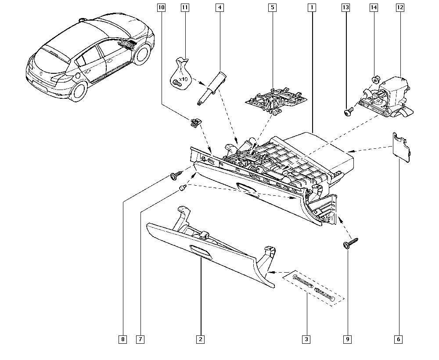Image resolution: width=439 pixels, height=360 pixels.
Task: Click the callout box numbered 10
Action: pyautogui.click(x=162, y=7)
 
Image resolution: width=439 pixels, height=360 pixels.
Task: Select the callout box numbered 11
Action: pyautogui.click(x=185, y=7)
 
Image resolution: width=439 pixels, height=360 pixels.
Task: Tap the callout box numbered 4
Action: pyautogui.click(x=219, y=7)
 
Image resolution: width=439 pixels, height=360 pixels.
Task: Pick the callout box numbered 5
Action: pyautogui.click(x=272, y=7)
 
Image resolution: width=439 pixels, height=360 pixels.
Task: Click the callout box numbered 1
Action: pyautogui.click(x=311, y=7)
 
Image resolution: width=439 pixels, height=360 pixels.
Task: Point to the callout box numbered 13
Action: pyautogui.click(x=346, y=7)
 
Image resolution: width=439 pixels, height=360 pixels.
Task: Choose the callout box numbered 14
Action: pyautogui.click(x=374, y=7)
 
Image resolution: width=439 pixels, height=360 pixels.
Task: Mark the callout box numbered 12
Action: pyautogui.click(x=399, y=7)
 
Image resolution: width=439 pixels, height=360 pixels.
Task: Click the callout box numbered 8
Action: pyautogui.click(x=123, y=339)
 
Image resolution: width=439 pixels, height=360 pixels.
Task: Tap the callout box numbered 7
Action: pyautogui.click(x=140, y=339)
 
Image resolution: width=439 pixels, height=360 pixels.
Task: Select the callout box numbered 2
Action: pyautogui.click(x=200, y=339)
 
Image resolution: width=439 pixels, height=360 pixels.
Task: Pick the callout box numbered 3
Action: pyautogui.click(x=306, y=339)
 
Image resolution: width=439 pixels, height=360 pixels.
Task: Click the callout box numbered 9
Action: pyautogui.click(x=348, y=339)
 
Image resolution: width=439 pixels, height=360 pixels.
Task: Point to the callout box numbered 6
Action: pyautogui.click(x=398, y=339)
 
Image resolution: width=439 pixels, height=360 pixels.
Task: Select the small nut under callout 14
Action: pyautogui.click(x=375, y=80)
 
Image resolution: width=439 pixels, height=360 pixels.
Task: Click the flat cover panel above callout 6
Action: pyautogui.click(x=400, y=145)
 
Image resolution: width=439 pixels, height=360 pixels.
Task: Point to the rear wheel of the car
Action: pyautogui.click(x=79, y=90)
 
